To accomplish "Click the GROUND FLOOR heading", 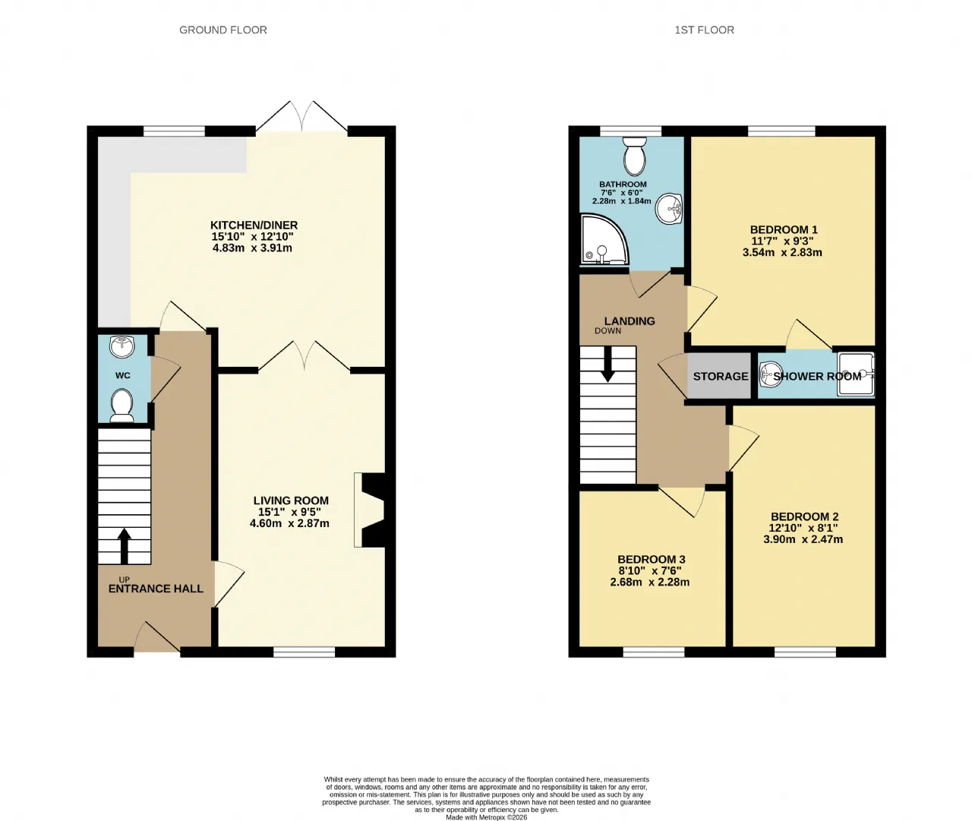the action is click(223, 30).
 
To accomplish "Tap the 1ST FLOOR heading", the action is click(705, 30).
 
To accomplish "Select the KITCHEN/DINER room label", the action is click(254, 226).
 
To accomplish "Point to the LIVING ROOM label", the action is click(291, 500).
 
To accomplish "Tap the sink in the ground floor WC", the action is click(122, 347).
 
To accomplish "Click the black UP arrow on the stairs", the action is click(124, 546).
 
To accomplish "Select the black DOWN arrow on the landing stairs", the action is click(607, 364).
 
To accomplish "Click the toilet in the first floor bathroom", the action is click(635, 156).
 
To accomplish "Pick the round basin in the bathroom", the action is click(669, 208).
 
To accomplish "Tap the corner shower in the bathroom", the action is click(604, 240).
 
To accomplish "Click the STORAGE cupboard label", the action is click(721, 376).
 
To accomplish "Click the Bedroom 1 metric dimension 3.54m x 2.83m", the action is click(782, 253).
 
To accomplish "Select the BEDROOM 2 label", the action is click(804, 516).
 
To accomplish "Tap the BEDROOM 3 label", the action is click(652, 559).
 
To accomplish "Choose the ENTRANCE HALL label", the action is click(156, 589).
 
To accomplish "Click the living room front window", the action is click(304, 652).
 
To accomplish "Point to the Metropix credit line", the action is click(487, 817).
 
